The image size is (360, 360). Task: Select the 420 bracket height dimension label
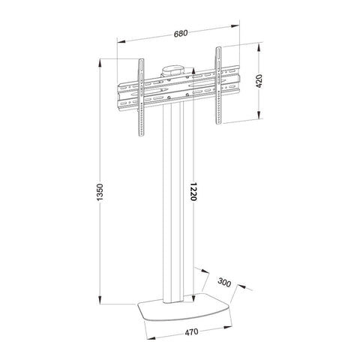pyautogui.click(x=259, y=81)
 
